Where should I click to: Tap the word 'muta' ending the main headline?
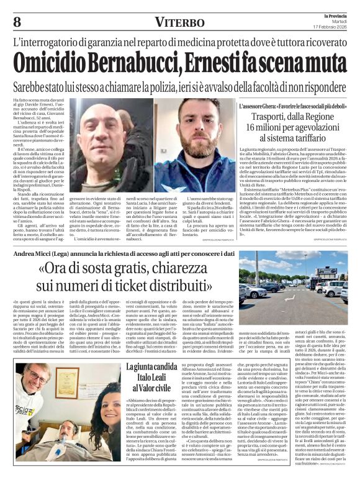pos(316,63)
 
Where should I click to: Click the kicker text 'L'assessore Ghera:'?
pos(256,107)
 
